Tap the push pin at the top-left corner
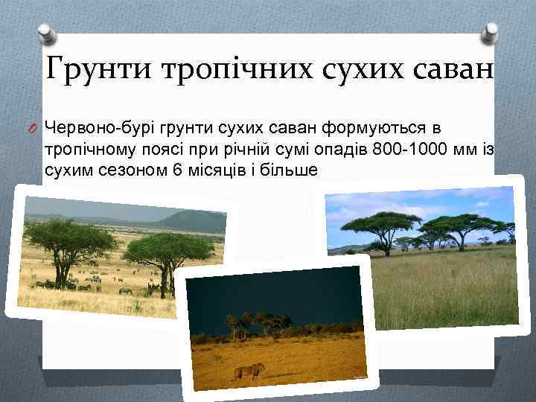coord(45,33)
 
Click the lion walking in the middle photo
coord(249,369)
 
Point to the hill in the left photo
coord(190,220)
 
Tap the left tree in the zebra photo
coord(71,242)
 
